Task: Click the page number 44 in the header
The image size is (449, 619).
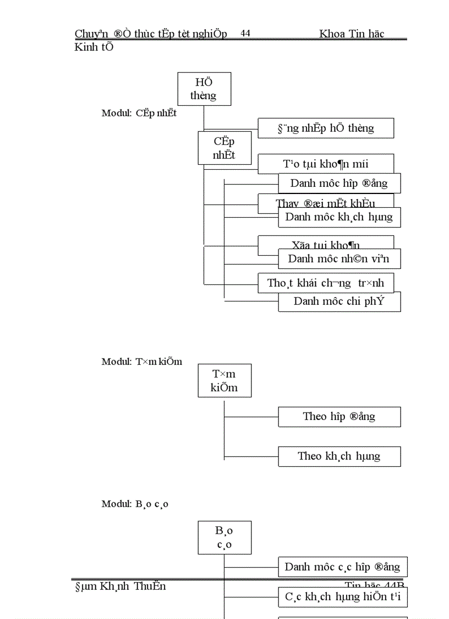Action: click(x=245, y=34)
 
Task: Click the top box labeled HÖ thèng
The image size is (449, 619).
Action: click(x=204, y=89)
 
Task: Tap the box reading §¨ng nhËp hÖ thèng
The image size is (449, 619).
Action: click(x=326, y=128)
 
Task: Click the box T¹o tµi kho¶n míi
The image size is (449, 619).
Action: click(x=326, y=164)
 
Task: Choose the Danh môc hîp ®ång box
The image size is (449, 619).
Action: click(x=339, y=183)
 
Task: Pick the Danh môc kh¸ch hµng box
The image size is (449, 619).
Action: click(x=339, y=217)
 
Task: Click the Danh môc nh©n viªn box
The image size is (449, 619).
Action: click(x=339, y=259)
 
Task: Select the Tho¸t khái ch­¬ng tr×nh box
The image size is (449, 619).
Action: click(x=326, y=283)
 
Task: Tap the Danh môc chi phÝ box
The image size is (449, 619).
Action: click(x=339, y=302)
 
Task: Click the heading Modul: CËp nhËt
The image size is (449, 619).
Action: click(x=139, y=114)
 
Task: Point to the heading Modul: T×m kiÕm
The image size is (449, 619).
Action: click(x=141, y=362)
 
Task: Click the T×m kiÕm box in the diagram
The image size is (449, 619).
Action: click(x=225, y=380)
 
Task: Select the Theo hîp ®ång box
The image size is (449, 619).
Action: click(x=339, y=416)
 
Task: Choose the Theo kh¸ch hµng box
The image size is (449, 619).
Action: click(x=339, y=456)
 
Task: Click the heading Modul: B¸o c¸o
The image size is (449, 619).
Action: click(x=135, y=504)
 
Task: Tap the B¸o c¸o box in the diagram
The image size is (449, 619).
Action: click(x=225, y=537)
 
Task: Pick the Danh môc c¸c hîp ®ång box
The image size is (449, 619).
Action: click(x=342, y=567)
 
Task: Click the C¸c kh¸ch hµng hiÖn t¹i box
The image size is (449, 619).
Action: click(x=342, y=597)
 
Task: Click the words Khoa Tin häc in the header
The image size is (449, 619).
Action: click(x=351, y=34)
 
